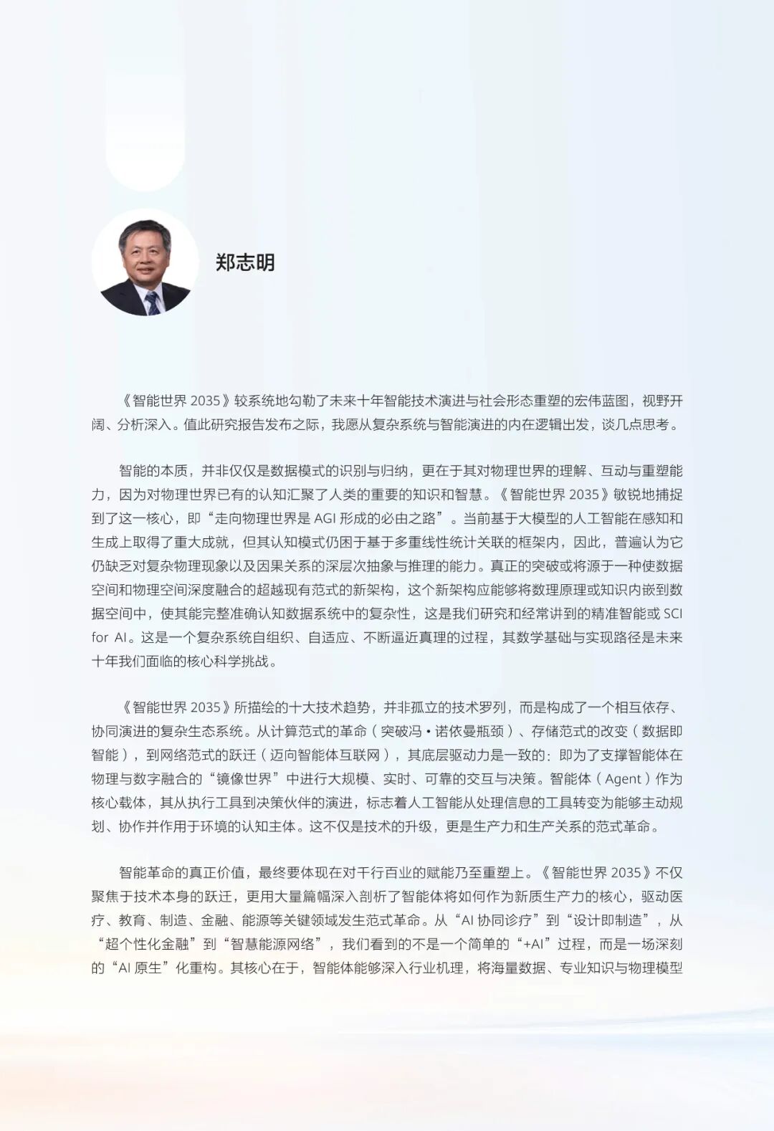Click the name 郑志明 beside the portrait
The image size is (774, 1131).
[x=245, y=262]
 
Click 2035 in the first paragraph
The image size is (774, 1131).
[x=206, y=401]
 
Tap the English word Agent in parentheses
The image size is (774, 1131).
[x=623, y=779]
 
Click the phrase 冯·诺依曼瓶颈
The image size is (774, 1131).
[x=446, y=731]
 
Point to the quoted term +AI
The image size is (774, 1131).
[x=532, y=944]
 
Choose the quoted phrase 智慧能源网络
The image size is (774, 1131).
[x=275, y=944]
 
